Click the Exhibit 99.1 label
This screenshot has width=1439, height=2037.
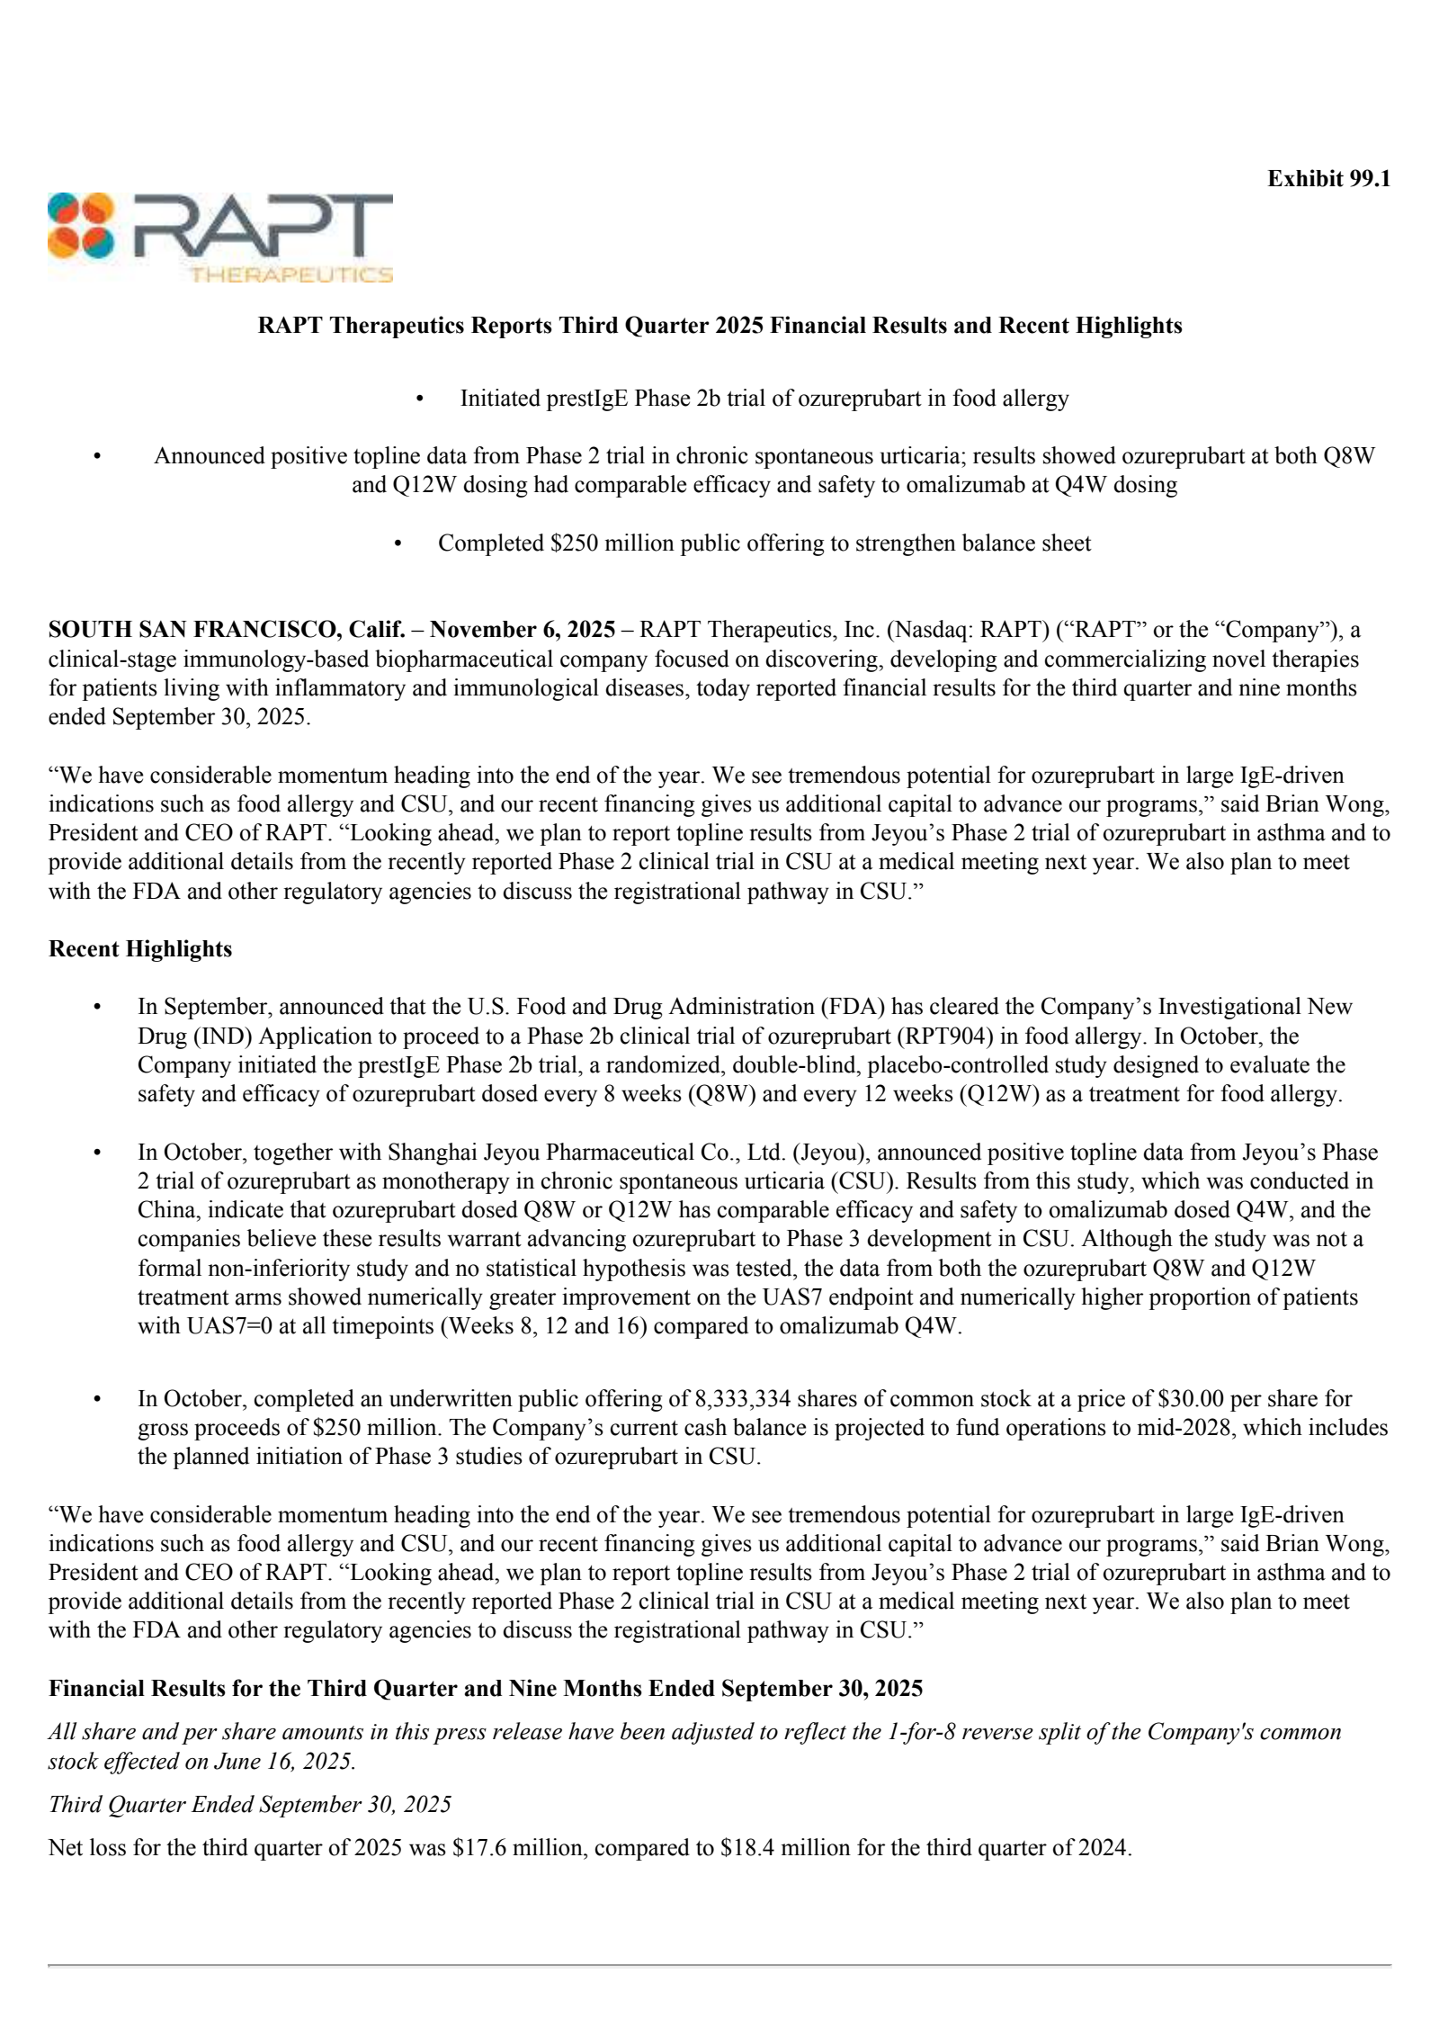click(1327, 179)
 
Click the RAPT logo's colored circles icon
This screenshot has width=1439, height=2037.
click(81, 226)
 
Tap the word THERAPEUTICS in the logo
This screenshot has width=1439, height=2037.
click(290, 274)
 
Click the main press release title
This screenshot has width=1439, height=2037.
click(719, 326)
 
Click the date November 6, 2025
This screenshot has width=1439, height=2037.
click(522, 630)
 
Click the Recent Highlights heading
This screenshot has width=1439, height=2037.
click(140, 949)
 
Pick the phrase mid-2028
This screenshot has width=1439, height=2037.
click(1186, 1428)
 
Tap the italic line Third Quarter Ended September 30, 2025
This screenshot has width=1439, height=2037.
click(249, 1805)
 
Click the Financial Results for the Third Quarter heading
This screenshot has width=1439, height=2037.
click(486, 1689)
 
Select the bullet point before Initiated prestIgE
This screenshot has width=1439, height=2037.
click(419, 399)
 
